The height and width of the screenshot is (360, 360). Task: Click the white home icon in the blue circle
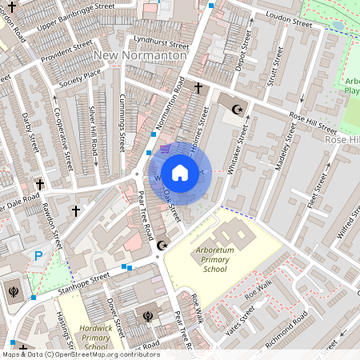[180, 172]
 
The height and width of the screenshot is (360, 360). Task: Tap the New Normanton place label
[140, 55]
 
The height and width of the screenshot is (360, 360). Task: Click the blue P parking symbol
[38, 257]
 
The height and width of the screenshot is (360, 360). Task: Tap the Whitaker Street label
[235, 150]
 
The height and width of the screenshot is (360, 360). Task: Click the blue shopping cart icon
[165, 148]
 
